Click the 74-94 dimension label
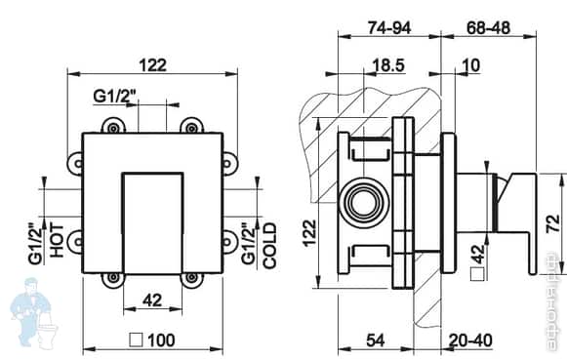386,27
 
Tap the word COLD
270,245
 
